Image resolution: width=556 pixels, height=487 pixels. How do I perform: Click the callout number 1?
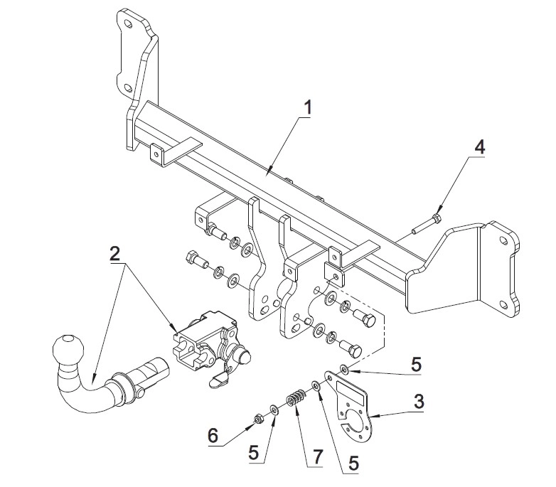[x=307, y=107]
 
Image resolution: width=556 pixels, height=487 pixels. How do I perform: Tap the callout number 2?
[x=114, y=254]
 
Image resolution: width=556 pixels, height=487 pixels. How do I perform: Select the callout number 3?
[x=418, y=402]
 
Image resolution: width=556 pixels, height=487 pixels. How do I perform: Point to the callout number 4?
[x=479, y=146]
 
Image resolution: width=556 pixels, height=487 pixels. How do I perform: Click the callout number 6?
[x=213, y=435]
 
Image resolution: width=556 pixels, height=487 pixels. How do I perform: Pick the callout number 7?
[x=316, y=456]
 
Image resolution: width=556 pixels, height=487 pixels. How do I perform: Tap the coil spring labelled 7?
[x=295, y=397]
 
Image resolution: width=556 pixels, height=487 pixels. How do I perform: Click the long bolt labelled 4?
[x=426, y=225]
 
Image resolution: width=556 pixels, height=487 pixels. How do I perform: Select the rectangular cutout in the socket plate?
[x=351, y=393]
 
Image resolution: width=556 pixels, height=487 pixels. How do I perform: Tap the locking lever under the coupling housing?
[x=220, y=379]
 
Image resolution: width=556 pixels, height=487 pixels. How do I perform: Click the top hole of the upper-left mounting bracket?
[x=128, y=24]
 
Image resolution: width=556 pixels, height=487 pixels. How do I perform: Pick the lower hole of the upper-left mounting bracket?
[x=128, y=88]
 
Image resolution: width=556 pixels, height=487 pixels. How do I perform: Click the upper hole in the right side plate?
[x=503, y=241]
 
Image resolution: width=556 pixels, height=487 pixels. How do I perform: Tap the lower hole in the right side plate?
[x=503, y=305]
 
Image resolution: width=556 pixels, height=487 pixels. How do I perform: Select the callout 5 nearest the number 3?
[x=416, y=365]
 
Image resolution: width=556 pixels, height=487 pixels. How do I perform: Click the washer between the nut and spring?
[x=274, y=410]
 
